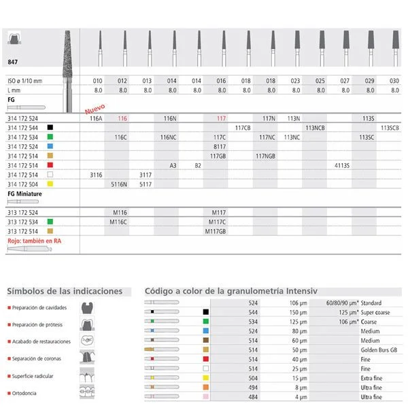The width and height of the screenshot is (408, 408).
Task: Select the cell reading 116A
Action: point(96,118)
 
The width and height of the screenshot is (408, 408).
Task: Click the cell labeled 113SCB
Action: point(390,127)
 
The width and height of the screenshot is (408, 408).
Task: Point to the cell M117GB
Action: point(219,231)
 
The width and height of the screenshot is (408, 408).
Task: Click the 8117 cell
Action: point(220,146)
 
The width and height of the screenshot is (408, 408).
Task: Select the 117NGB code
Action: point(266,156)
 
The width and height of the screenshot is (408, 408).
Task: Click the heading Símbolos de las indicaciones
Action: point(65,291)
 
